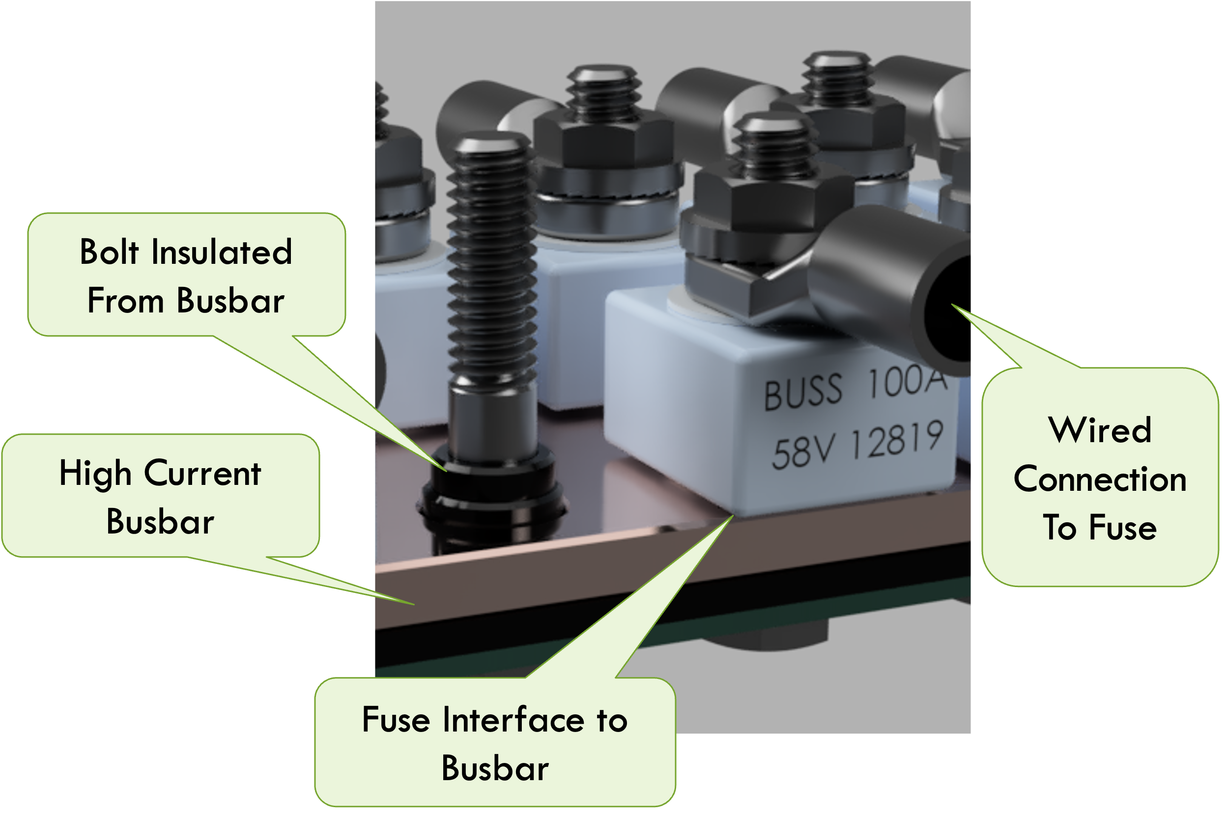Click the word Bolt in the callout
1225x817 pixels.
[x=109, y=252]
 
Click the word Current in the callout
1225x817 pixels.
[x=202, y=474]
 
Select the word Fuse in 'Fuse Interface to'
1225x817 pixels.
[x=396, y=720]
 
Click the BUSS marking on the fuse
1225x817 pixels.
[x=802, y=392]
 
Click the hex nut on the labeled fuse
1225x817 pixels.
[x=771, y=200]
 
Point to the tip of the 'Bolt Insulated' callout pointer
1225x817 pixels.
[x=446, y=471]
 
